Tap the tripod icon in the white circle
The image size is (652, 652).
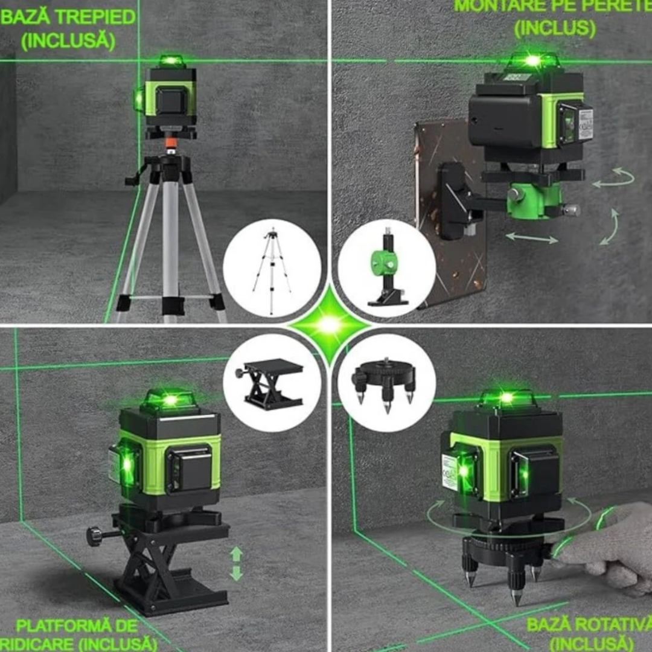coord(272,268)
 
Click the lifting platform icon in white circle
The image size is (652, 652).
coord(272,383)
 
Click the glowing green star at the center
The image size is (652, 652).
coord(329,325)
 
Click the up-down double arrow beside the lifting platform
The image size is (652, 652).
coord(236,563)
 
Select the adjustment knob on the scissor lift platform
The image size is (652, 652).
coord(95,535)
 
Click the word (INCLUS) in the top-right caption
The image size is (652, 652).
coord(554,27)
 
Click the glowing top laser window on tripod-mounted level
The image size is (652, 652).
coord(171,61)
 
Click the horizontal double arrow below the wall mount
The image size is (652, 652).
coord(531,238)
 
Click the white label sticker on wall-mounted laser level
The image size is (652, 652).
coord(584,123)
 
